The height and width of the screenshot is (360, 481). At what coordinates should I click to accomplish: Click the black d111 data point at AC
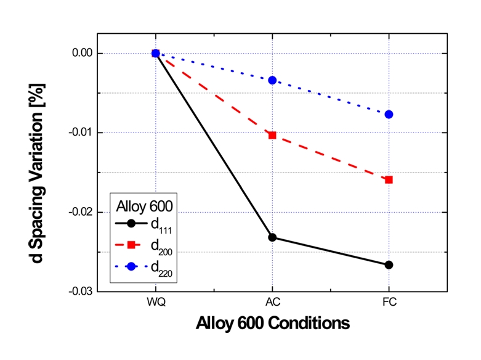[272, 237]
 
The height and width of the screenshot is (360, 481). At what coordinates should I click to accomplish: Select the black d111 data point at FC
[389, 265]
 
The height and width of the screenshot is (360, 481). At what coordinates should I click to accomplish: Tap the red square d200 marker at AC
[272, 135]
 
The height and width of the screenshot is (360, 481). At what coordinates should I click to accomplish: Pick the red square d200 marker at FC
[389, 180]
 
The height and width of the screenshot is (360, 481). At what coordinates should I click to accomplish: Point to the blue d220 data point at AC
[272, 80]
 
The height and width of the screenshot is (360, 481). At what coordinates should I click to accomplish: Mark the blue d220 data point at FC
[389, 115]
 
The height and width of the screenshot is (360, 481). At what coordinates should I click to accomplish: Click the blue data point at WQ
[156, 54]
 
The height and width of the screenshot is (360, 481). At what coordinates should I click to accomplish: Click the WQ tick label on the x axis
[156, 304]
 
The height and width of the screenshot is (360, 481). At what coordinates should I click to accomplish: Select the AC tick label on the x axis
[272, 304]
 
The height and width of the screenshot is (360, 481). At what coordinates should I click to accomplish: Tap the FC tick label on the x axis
[389, 304]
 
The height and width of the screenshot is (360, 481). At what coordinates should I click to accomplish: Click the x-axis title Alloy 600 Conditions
[273, 324]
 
